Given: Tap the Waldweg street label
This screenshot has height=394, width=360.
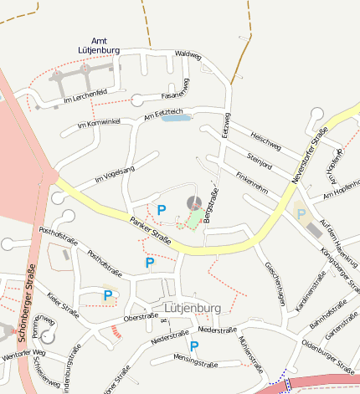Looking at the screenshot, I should click(x=188, y=54).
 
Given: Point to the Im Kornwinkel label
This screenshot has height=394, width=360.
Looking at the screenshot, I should click(x=99, y=124).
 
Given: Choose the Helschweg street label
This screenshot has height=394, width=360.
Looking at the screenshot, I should click(x=266, y=139).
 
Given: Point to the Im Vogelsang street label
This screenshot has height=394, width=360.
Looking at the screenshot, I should click(x=115, y=174).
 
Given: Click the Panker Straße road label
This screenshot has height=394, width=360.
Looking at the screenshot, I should click(x=151, y=230).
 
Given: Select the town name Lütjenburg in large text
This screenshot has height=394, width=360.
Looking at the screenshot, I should click(x=193, y=308).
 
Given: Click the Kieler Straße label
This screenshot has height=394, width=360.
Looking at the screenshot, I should click(x=64, y=305).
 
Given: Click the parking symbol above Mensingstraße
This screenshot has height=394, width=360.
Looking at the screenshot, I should click(x=194, y=345).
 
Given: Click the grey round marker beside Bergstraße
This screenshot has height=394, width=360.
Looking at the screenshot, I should click(x=193, y=202).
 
